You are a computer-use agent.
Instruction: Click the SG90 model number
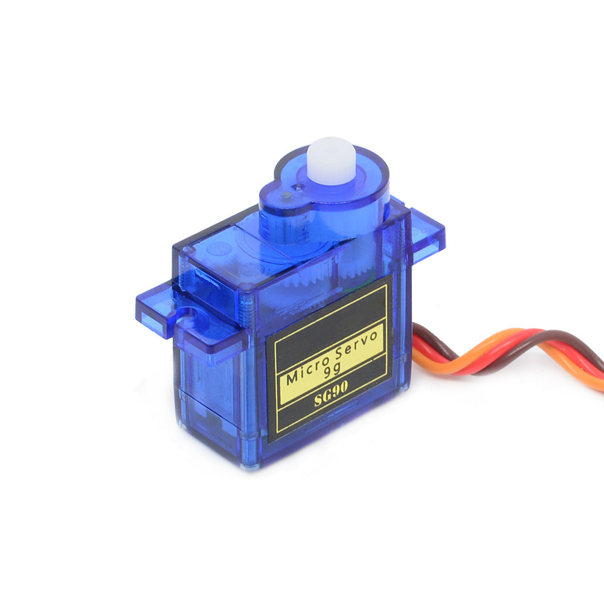coord(331,393)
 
